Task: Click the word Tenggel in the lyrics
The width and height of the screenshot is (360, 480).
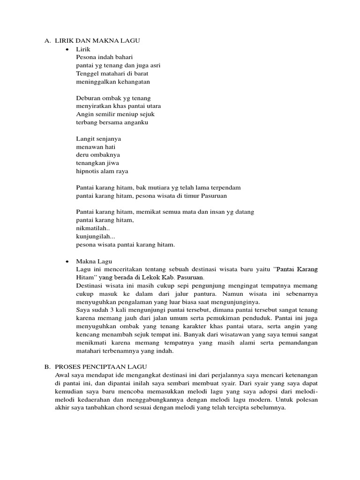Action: coord(87,74)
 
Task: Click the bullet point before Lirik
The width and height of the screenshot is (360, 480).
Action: coord(68,49)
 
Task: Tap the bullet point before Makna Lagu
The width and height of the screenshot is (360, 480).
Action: coord(68,261)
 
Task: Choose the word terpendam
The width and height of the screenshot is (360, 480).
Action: coord(226,187)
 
